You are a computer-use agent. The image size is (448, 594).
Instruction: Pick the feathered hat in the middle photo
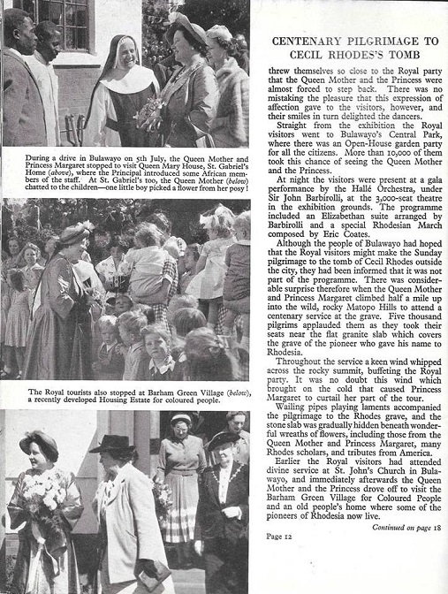[70, 233]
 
